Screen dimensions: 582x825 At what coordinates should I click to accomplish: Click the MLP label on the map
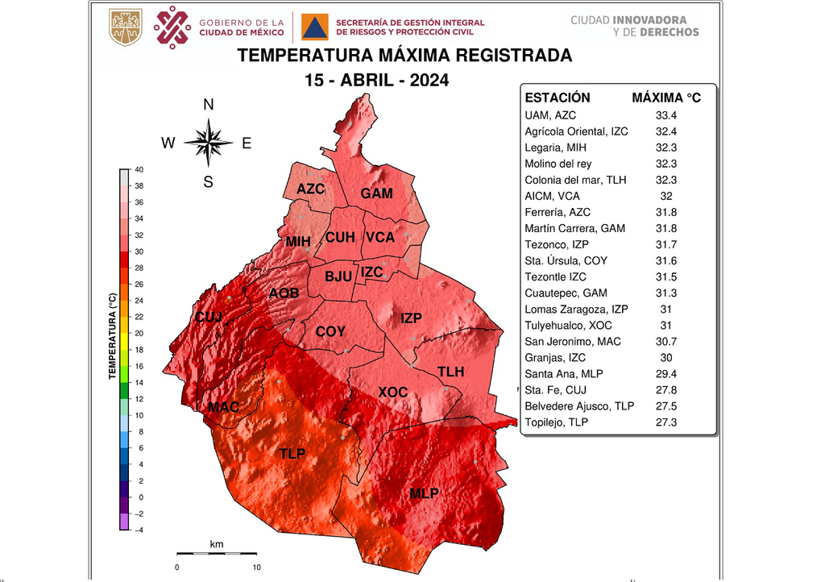[x=424, y=493]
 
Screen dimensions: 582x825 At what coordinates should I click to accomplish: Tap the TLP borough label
[x=292, y=454]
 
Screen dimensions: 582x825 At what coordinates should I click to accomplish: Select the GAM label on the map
[x=376, y=193]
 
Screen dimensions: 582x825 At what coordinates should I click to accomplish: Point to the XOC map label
[x=392, y=392]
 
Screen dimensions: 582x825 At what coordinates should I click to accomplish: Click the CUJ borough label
[x=209, y=318]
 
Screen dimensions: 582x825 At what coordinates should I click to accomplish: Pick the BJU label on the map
[x=338, y=276]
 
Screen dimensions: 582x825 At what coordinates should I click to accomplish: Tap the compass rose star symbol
[x=208, y=143]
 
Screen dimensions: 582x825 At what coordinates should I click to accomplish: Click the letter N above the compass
[x=208, y=105]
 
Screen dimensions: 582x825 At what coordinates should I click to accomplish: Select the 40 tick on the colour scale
[x=139, y=170]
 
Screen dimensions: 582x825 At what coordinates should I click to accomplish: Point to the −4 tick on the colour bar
[x=138, y=530]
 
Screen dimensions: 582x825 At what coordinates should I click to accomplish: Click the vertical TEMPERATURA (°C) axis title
[x=114, y=335]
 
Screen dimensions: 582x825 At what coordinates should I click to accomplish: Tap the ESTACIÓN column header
[x=558, y=98]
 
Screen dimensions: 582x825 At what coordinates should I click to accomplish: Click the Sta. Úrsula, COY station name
[x=566, y=260]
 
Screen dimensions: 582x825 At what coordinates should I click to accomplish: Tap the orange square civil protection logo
[x=314, y=27]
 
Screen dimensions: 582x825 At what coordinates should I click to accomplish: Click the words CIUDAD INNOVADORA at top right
[x=628, y=19]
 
